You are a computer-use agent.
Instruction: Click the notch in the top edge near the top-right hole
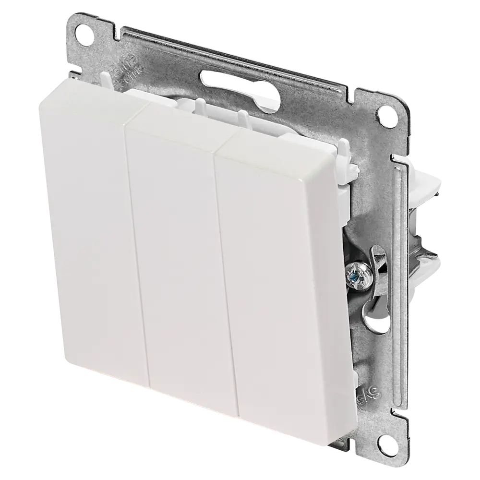coord(358,91)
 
